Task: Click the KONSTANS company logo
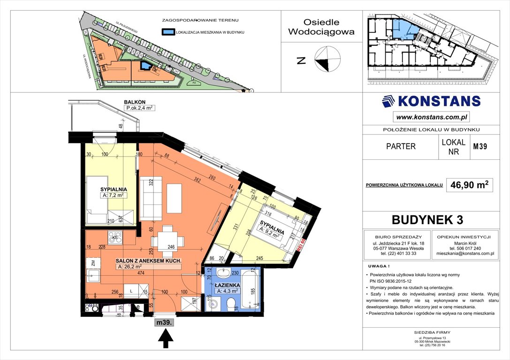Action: [431, 101]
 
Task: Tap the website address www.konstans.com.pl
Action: [431, 117]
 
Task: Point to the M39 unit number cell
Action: [480, 146]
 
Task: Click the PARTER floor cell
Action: [401, 146]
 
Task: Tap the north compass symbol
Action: [327, 60]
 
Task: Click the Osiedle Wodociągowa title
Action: [321, 27]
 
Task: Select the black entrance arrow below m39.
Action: [166, 339]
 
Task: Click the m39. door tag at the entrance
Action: [165, 322]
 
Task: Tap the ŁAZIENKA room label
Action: [228, 285]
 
